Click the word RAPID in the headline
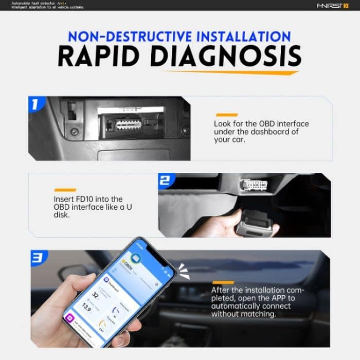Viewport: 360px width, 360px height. [x=102, y=56]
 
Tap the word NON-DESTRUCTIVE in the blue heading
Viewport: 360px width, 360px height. [x=130, y=37]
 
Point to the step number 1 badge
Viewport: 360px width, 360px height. [x=35, y=104]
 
